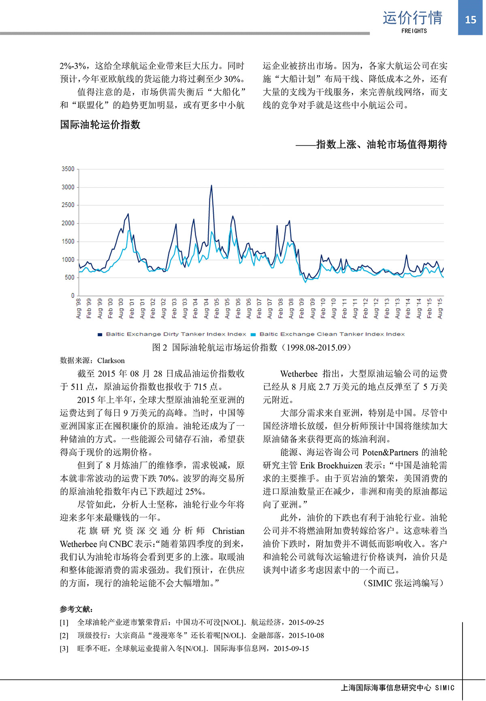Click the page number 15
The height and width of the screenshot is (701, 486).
470,19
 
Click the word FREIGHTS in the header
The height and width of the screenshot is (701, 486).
414,31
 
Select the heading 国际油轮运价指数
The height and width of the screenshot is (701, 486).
100,125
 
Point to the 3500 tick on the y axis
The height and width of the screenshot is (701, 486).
68,169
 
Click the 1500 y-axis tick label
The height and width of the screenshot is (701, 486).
68,241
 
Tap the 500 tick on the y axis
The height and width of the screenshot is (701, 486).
69,277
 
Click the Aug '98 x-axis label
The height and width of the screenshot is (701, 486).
79,309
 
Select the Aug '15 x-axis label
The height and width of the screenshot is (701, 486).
440,309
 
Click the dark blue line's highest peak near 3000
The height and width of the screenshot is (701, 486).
211,185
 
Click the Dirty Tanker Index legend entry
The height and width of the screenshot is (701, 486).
176,334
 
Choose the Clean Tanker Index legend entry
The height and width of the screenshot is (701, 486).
332,334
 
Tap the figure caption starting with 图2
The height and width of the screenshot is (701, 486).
251,347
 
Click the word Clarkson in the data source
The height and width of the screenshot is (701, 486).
111,360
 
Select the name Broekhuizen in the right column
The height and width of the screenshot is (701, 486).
340,465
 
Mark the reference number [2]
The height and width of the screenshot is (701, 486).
64,635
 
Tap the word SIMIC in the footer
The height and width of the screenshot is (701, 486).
445,688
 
